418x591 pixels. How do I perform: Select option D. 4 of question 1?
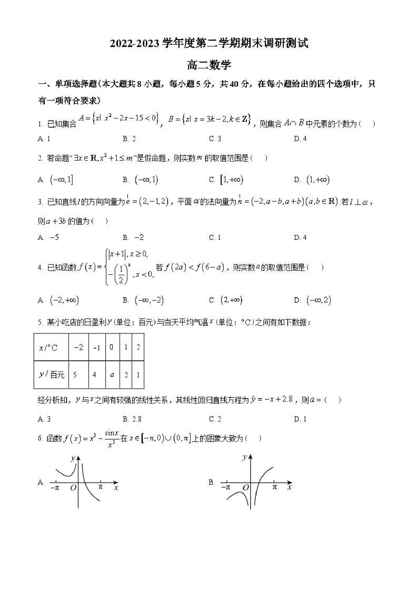pos(300,139)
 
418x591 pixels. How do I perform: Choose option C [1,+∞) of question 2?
pos(226,180)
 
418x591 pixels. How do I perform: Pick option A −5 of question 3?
pos(48,237)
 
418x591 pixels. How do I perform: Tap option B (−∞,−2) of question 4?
pos(143,300)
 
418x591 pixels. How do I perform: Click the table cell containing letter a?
pos(112,375)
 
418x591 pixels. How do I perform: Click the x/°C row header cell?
pos(51,348)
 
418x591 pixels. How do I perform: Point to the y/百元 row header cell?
pos(51,375)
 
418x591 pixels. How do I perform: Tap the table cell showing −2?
pos(78,348)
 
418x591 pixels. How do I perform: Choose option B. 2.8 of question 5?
pos(132,419)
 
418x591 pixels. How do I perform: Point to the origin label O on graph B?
pos(246,487)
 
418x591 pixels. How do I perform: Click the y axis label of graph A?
pos(73,458)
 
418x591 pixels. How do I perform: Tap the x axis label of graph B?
pos(289,487)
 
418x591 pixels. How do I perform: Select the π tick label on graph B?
pos(274,487)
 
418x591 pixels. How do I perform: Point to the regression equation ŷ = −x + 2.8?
pos(272,400)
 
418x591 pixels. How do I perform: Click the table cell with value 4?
pos(94,375)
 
